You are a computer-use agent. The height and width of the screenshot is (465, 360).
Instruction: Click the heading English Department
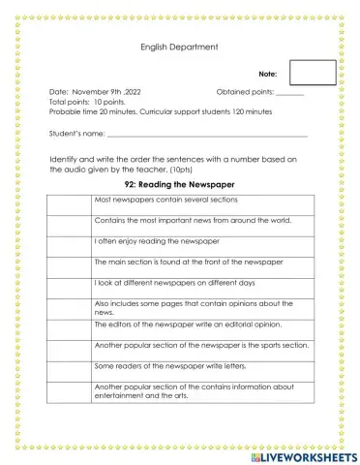(x=179, y=46)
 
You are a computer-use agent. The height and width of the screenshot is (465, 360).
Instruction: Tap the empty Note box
(x=312, y=73)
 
